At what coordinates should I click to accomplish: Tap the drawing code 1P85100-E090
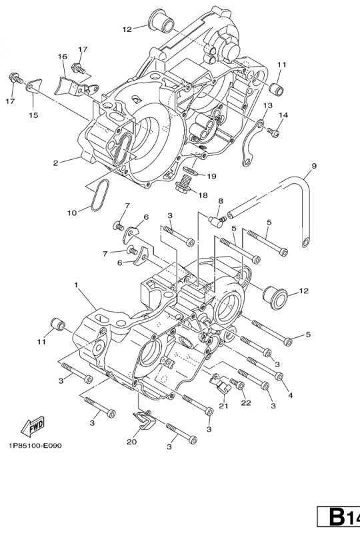(x=35, y=446)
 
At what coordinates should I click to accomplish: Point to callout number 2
(x=57, y=162)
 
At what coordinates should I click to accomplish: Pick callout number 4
(x=290, y=395)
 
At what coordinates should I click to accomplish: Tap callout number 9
(x=313, y=165)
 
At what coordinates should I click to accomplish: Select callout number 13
(x=267, y=106)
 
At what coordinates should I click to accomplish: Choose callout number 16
(x=62, y=57)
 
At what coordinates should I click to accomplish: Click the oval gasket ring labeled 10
(x=99, y=194)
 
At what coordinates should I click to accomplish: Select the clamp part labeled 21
(x=221, y=384)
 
